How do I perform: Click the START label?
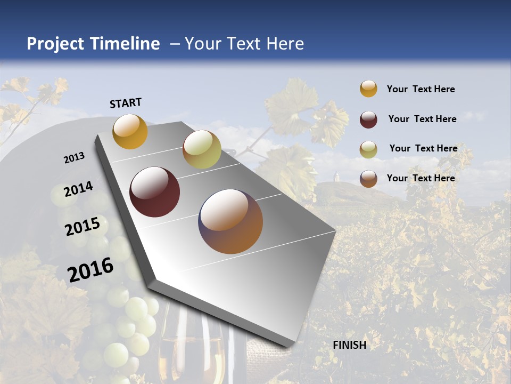[126, 103]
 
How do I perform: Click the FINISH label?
[350, 345]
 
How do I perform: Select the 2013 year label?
[75, 158]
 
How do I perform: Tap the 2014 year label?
[78, 189]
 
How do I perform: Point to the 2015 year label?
[83, 226]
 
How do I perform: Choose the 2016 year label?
[90, 269]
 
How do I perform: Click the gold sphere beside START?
[130, 131]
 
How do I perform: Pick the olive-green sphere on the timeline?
[202, 149]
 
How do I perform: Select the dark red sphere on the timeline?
[155, 192]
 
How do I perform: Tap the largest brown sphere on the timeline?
[230, 221]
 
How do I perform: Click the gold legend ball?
[368, 89]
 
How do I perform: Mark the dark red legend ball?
[368, 119]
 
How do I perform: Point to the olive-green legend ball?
[368, 149]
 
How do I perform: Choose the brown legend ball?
[368, 179]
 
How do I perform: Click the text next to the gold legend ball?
[421, 89]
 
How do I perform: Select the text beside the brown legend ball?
[421, 178]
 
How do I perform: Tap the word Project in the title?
[55, 44]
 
